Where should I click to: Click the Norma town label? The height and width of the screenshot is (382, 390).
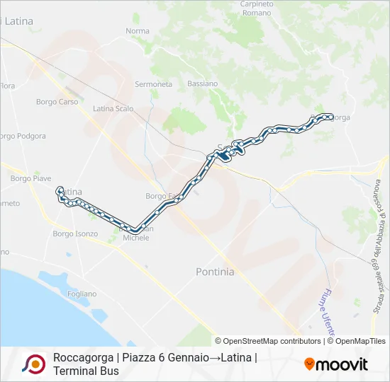coord(138,31)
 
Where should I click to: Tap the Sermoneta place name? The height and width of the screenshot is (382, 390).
coord(154,84)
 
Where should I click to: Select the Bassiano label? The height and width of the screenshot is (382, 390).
coord(203,83)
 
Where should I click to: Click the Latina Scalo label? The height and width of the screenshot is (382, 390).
coord(113,109)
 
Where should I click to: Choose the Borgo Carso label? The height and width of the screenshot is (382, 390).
coord(57,102)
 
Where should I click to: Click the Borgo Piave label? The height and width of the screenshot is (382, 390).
coord(31,179)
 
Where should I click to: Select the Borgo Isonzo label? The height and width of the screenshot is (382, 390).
coord(75,233)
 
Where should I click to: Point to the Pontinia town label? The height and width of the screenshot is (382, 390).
coord(214,272)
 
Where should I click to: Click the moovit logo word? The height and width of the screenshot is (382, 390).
coord(342,364)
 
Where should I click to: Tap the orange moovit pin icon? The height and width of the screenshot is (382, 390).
coord(309,364)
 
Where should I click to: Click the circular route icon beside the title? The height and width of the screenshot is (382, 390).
coord(33,364)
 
